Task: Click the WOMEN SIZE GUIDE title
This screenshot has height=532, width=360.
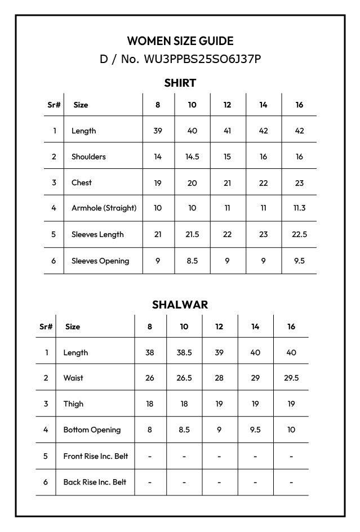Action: (180, 41)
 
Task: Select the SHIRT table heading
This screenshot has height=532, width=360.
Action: (180, 83)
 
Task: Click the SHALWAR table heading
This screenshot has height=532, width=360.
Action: (180, 305)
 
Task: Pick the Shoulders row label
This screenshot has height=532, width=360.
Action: (88, 157)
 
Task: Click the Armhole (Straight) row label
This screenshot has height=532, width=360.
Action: (104, 208)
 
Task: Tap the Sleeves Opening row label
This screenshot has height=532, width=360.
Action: (100, 261)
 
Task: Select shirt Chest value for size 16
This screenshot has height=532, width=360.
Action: (299, 182)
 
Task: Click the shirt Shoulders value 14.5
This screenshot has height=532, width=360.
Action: (192, 157)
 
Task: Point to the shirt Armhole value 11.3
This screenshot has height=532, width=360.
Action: (299, 208)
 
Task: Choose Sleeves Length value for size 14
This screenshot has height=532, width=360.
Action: (263, 234)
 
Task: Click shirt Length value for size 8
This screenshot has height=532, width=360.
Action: (158, 131)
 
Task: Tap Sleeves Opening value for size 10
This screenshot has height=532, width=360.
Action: (192, 261)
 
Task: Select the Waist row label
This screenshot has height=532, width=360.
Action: (73, 378)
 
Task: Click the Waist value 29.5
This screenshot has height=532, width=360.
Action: (291, 378)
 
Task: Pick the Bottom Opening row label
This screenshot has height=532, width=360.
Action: (92, 430)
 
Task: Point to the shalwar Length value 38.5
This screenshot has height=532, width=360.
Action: (184, 352)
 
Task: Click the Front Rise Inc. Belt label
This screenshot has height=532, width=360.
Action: (95, 456)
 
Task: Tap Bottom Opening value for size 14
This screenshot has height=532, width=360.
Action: (255, 430)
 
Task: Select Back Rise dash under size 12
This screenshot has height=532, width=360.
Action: (219, 482)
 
